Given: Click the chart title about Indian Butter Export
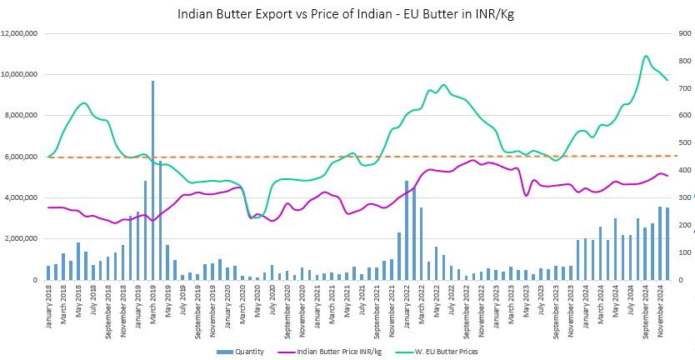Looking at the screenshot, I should tap(347, 14).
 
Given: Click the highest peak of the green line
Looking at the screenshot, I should tap(646, 56).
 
